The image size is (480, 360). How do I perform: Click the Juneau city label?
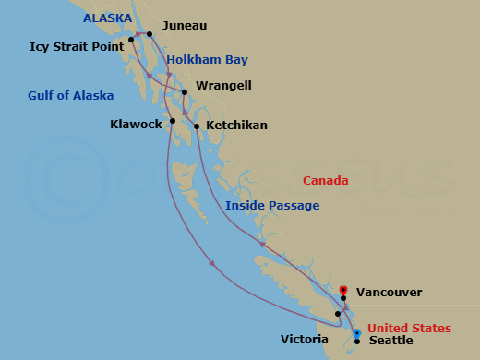pos(185,27)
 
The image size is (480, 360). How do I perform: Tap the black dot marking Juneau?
pos(150,34)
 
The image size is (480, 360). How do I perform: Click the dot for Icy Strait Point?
pos(131,39)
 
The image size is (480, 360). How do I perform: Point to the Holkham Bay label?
pos(208,60)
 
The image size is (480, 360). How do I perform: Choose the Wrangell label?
pos(223,86)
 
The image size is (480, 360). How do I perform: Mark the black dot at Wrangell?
pos(185,92)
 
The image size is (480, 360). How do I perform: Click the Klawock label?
pos(136,123)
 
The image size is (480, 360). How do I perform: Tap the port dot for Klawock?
pos(172,121)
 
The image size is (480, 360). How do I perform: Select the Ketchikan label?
pos(237,124)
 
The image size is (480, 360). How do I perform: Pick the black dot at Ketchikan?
pos(197,126)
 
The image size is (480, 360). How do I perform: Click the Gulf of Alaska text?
pos(71,96)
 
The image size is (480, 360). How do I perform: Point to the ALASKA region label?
pos(107,18)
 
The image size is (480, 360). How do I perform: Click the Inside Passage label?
pos(273,205)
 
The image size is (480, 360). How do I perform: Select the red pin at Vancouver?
pos(343,290)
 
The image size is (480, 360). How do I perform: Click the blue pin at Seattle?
pos(357,334)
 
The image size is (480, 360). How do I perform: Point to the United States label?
pos(409,329)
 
